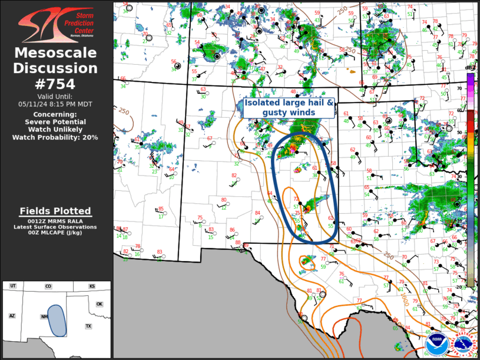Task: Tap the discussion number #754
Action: point(56,84)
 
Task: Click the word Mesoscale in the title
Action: point(56,54)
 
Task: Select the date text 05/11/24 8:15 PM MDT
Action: point(56,104)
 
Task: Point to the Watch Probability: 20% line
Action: point(56,137)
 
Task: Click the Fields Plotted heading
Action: point(56,211)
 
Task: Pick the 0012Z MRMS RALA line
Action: point(56,220)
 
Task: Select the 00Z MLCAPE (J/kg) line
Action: point(56,233)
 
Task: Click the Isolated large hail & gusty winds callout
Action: point(289,107)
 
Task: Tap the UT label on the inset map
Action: point(12,286)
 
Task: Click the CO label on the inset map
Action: point(48,286)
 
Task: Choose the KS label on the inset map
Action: point(92,286)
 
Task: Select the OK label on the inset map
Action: point(99,305)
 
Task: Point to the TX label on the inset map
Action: point(88,326)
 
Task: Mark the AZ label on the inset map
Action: point(11,316)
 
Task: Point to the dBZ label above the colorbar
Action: point(469,68)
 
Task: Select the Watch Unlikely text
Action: point(56,129)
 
